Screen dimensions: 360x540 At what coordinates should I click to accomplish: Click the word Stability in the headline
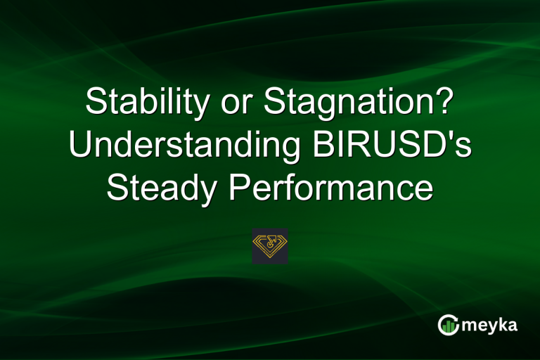145,104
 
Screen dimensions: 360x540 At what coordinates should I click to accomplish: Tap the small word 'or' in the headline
236,105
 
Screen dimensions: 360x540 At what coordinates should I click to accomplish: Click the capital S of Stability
95,104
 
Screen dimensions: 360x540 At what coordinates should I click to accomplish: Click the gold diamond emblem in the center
270,245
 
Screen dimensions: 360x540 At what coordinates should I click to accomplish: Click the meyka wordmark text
488,325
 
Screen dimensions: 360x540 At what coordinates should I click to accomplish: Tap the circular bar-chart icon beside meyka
447,325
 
